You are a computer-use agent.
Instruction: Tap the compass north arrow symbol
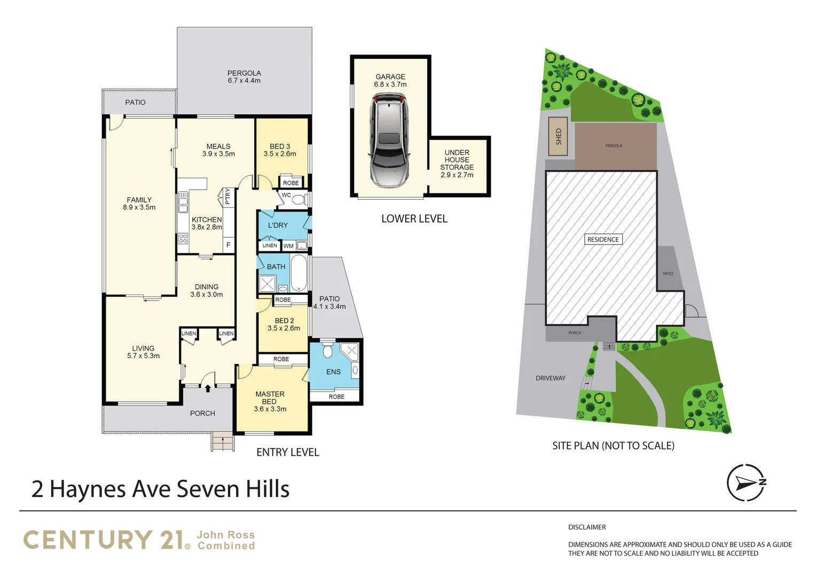point(746,482)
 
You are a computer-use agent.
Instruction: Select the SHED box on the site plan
point(558,136)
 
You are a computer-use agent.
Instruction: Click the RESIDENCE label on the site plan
point(603,239)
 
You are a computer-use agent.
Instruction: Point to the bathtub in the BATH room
point(299,272)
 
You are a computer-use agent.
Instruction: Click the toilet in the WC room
point(299,200)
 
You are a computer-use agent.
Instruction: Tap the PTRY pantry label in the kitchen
point(227,197)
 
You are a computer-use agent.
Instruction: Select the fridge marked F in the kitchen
point(228,245)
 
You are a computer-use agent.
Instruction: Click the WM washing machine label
point(288,246)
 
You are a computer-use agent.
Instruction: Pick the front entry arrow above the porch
point(208,388)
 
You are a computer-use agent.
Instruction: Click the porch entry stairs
point(223,442)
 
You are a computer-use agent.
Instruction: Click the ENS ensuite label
point(333,372)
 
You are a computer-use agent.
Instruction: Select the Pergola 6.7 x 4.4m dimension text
point(244,81)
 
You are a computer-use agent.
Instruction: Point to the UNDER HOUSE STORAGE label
point(457,160)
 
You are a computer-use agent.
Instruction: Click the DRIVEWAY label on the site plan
point(551,378)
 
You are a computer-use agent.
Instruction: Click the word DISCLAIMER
point(587,527)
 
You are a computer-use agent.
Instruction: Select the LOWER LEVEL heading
point(414,219)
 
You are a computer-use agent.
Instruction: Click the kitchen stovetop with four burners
point(183,238)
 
